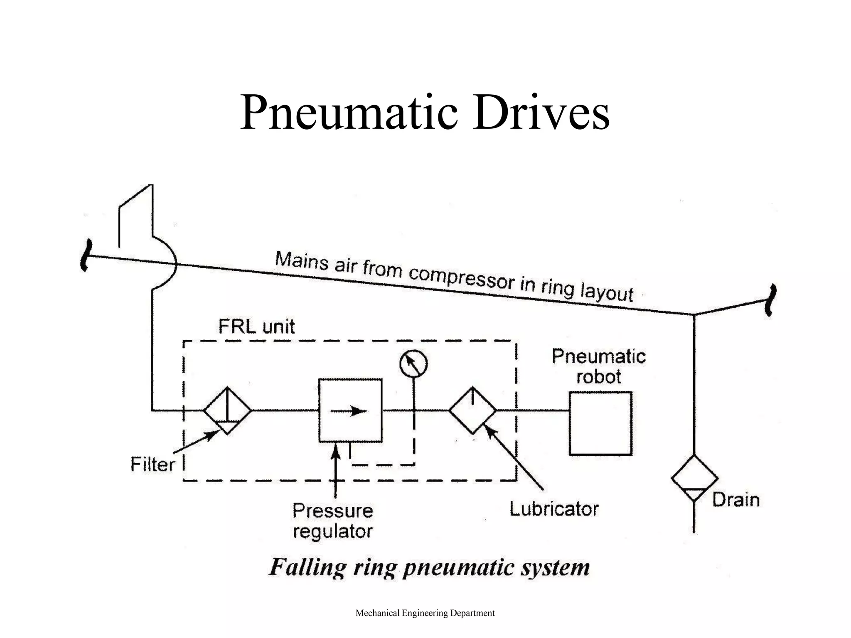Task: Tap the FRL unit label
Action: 256,326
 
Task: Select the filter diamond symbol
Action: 227,411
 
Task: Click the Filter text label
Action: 152,464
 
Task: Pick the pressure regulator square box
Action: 350,410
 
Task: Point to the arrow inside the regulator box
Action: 349,411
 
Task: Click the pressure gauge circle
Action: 413,364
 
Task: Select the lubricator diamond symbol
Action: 472,410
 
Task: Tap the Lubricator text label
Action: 554,509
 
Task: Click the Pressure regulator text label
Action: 332,521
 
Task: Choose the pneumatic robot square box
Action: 600,423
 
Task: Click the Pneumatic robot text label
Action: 599,366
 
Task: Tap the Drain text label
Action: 735,500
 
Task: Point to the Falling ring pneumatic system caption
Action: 429,567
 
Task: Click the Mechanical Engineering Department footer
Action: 425,613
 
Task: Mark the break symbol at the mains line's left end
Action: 85,255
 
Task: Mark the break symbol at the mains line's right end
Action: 771,300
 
